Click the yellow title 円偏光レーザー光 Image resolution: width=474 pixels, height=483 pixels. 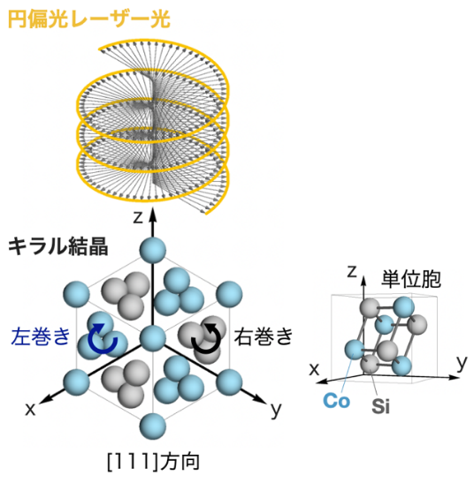click(88, 19)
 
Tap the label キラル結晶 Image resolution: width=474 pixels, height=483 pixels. click(58, 246)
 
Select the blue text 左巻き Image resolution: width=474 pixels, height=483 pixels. click(41, 336)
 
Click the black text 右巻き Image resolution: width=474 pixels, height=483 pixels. click(264, 336)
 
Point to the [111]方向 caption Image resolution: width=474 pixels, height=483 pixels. click(153, 462)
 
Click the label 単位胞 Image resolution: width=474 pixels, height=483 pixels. click(411, 279)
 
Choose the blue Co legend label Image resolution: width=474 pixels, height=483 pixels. click(336, 401)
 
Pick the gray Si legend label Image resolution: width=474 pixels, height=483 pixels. click(380, 406)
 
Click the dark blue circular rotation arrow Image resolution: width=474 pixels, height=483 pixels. click(103, 338)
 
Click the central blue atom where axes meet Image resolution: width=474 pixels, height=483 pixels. click(153, 338)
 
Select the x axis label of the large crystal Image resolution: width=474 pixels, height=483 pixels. click(30, 410)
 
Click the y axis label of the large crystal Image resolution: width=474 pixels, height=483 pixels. click(276, 411)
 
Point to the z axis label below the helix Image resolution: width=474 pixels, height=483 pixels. click(138, 217)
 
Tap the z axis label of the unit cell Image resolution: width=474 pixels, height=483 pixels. click(352, 272)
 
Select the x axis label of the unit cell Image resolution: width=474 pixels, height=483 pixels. click(314, 369)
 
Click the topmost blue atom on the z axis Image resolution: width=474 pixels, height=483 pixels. click(152, 250)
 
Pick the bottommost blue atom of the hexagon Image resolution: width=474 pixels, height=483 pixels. click(152, 426)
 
